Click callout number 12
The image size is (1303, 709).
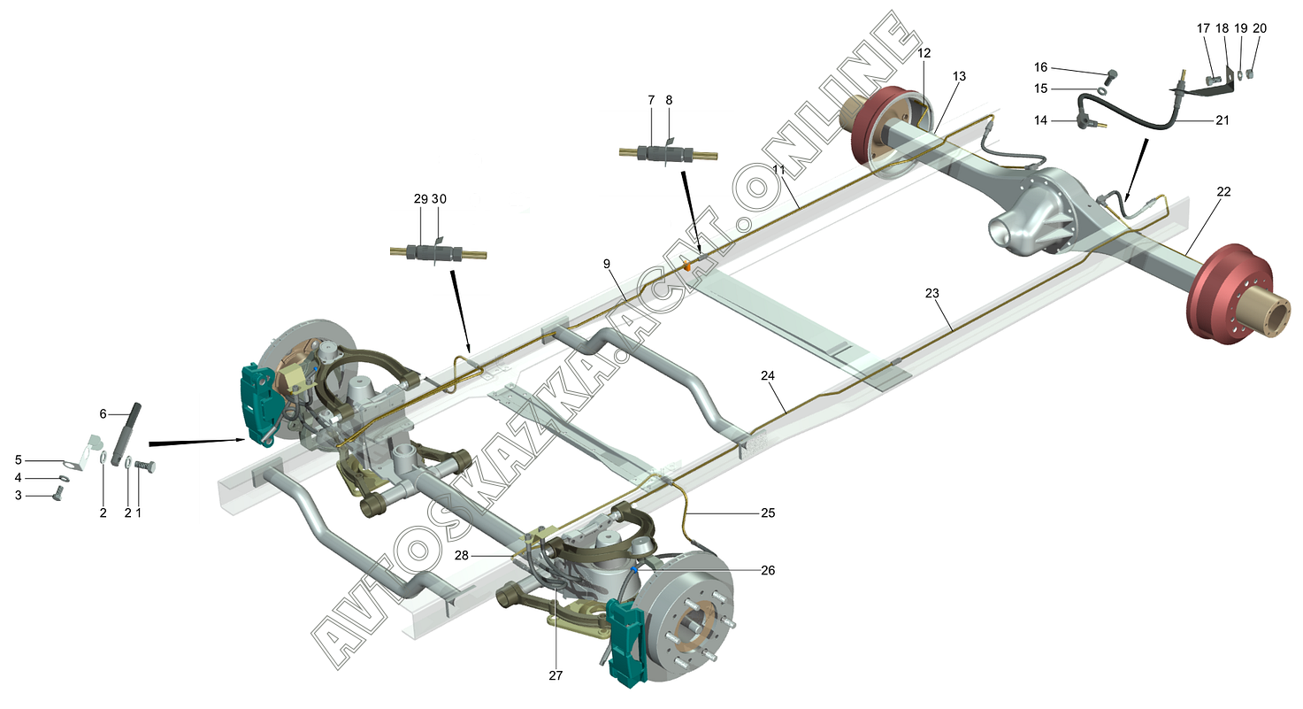coord(924,53)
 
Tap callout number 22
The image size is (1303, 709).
coord(1223,191)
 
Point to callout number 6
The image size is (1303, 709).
coord(103,413)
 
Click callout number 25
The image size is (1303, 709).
coord(766,512)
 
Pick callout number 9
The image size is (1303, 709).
coord(608,264)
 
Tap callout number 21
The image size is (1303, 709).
coord(1223,120)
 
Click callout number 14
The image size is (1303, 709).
coord(1040,120)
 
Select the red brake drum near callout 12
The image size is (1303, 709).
coord(885,128)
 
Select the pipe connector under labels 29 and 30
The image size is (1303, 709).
coord(438,253)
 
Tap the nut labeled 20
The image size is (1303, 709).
coord(1260,73)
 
